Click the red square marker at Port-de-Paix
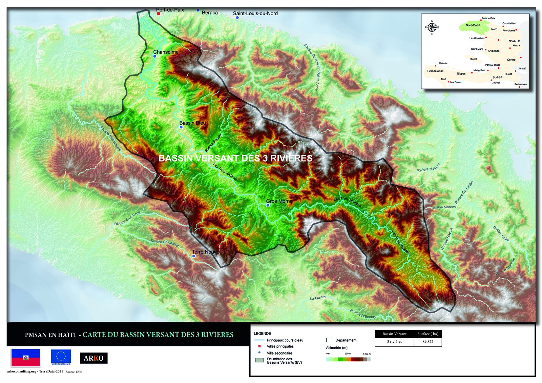(159, 14)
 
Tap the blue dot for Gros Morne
(268, 205)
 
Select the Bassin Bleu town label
(192, 123)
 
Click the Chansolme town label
(166, 52)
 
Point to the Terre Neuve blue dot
(194, 256)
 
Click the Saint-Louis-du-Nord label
(255, 14)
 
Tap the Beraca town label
(209, 13)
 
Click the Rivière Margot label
(429, 168)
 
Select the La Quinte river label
(318, 298)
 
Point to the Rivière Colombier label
(165, 243)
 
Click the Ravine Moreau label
(444, 207)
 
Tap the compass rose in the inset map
(432, 27)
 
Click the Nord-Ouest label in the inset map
(473, 25)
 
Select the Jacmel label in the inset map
(496, 83)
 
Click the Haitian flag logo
(26, 358)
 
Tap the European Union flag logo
(61, 357)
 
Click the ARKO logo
(93, 358)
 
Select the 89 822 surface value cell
(428, 342)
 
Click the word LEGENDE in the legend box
(262, 334)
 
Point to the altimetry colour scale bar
(348, 359)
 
